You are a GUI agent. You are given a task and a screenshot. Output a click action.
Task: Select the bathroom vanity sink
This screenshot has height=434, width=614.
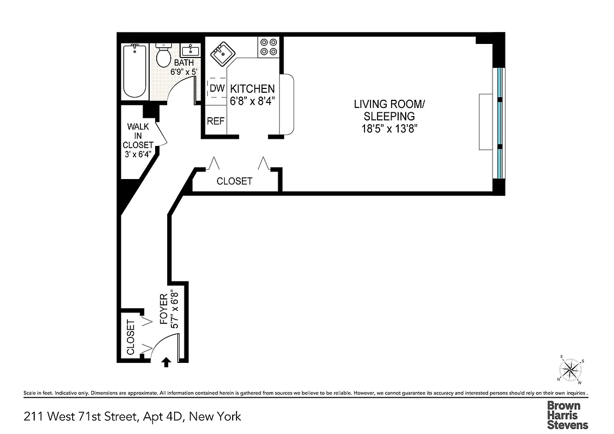point(190,52)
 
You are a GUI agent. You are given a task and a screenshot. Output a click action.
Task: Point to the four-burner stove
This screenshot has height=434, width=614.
point(267,47)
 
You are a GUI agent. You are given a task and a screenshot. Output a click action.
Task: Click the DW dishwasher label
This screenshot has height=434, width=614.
point(217,88)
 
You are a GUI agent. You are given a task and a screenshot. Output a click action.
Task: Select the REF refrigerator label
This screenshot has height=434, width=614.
point(215,121)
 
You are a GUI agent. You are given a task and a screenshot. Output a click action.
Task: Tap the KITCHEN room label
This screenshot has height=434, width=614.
point(252,89)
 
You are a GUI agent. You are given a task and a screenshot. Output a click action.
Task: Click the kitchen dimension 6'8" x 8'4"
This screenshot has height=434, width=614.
point(252,100)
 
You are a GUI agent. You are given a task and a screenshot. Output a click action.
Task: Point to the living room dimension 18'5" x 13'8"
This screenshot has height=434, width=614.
point(385,129)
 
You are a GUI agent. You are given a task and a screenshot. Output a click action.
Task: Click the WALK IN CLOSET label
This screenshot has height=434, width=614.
point(138,140)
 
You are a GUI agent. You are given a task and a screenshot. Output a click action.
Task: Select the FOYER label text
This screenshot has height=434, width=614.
point(164,314)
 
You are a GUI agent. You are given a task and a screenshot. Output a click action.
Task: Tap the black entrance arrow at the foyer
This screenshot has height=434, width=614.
point(167,362)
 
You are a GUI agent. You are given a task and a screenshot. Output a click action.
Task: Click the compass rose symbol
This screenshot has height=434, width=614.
point(571,371)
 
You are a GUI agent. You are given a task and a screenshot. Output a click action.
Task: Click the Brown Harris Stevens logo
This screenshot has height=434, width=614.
point(567,415)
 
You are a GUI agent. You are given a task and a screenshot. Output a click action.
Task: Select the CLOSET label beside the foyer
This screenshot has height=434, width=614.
point(131,337)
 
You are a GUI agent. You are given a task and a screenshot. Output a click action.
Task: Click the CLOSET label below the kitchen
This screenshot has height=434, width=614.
point(234,181)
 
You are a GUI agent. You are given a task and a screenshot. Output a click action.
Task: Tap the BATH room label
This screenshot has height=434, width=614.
point(184,63)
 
